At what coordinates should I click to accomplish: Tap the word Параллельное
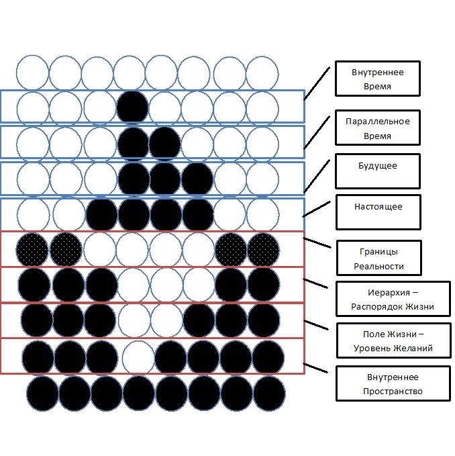[x=377, y=121]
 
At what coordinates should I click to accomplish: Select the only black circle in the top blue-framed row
[x=132, y=107]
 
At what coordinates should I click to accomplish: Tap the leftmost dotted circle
[x=32, y=248]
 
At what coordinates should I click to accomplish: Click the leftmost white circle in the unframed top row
[x=32, y=72]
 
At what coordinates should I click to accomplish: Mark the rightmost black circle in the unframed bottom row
[x=269, y=393]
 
